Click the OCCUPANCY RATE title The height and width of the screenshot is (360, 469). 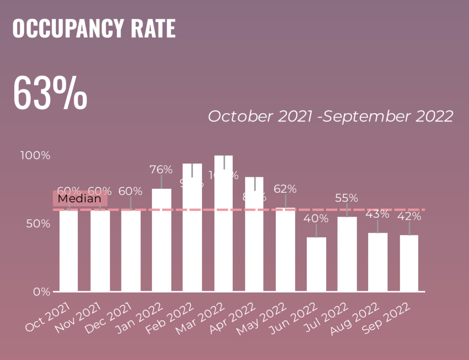click(x=94, y=28)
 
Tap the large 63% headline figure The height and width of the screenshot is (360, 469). click(x=50, y=93)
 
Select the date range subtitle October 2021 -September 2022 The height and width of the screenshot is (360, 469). click(x=330, y=116)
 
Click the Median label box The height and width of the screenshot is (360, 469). click(x=80, y=199)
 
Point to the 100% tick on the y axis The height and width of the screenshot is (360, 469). click(x=35, y=156)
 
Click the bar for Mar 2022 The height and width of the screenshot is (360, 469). click(x=224, y=224)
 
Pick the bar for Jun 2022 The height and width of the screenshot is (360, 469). click(x=316, y=264)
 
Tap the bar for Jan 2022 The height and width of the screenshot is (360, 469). click(x=162, y=240)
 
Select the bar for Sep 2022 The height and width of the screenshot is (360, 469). click(x=409, y=263)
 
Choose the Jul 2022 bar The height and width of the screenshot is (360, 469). click(x=347, y=254)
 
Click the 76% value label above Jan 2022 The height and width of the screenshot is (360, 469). click(x=161, y=170)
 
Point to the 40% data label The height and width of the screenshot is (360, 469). click(x=316, y=219)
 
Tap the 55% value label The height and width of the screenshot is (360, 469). click(x=347, y=198)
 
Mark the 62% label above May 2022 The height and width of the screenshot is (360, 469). click(x=285, y=189)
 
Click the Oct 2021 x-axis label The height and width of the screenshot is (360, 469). click(x=49, y=317)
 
